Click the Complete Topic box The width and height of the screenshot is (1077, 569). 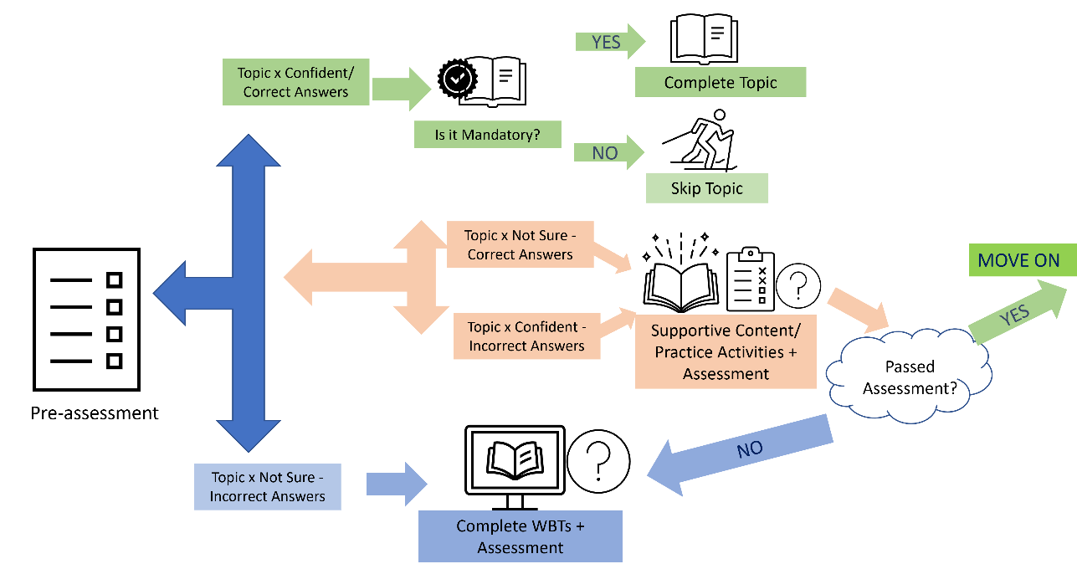(x=721, y=83)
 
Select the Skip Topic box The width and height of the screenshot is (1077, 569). (x=706, y=188)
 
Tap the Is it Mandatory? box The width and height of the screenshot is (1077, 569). (x=488, y=135)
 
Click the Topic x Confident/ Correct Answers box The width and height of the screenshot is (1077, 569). (x=295, y=82)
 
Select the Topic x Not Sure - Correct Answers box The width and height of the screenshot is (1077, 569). (x=520, y=244)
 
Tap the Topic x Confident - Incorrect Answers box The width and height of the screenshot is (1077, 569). (x=526, y=336)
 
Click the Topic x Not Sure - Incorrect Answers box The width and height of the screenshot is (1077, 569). (x=267, y=487)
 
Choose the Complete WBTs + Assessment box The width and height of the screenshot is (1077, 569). (x=521, y=536)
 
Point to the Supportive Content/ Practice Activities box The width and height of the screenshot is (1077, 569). (x=726, y=351)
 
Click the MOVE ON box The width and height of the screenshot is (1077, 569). (x=1018, y=260)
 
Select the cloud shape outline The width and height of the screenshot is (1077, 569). (x=909, y=371)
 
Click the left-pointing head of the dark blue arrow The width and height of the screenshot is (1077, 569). (x=171, y=293)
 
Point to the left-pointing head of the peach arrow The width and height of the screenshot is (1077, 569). (x=301, y=275)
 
